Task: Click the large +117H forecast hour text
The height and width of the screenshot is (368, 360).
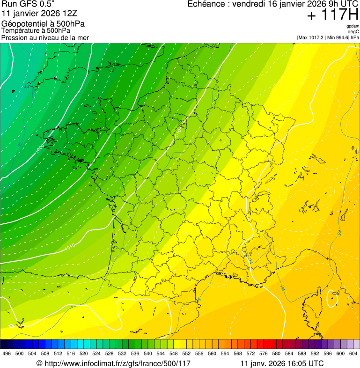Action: pos(333,15)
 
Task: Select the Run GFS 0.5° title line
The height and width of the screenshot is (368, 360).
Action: pos(28,4)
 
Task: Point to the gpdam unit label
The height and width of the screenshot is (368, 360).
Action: pos(353,26)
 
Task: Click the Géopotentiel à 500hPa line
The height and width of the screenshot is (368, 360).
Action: pos(43,24)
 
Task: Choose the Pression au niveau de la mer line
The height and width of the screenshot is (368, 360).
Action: pos(45,37)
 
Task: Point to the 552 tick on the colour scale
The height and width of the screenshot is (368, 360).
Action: pos(186,353)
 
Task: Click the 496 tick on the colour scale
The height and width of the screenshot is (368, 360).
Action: pos(7,353)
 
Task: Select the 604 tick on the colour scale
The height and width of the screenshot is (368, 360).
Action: pos(353,353)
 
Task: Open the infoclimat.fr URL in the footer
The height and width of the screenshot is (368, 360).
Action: pos(117,363)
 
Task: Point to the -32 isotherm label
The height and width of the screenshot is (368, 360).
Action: pos(20,145)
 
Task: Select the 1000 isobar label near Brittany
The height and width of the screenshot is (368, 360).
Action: pos(40,149)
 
